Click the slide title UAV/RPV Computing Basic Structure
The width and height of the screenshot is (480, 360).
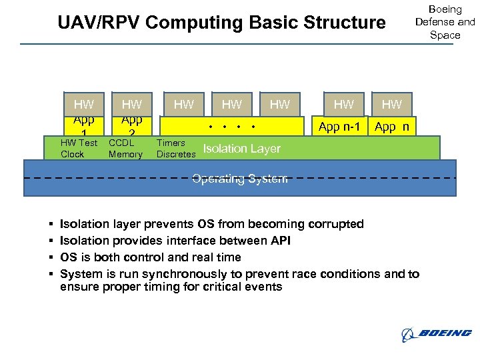tap(221, 23)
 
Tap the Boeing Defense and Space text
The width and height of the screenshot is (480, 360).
tap(445, 22)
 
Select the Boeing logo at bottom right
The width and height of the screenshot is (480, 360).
tap(437, 333)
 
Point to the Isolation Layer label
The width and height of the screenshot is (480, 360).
tap(241, 149)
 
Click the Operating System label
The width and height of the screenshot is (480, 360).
tap(240, 178)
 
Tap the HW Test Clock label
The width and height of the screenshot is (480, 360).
tap(79, 149)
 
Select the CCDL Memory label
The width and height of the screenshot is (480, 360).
tap(125, 149)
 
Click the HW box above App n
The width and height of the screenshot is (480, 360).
tap(392, 104)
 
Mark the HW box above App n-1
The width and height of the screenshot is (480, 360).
tap(343, 104)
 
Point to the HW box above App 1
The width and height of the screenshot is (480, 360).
tap(83, 104)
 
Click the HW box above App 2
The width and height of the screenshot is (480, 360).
tap(132, 104)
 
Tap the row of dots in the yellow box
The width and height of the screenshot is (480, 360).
tap(232, 127)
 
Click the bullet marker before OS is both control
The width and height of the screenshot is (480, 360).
tap(51, 257)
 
